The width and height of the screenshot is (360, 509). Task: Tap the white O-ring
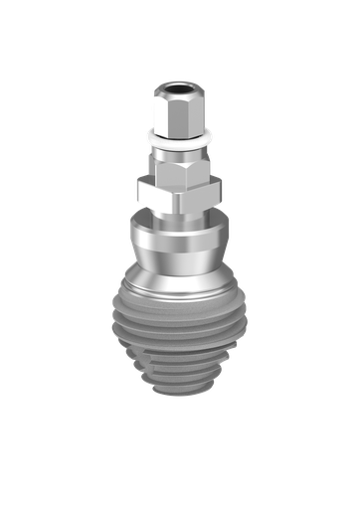(180, 135)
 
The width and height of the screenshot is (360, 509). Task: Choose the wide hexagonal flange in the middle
(180, 191)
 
